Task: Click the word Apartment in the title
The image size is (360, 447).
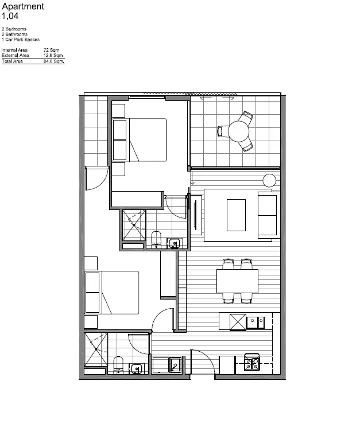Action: (x=23, y=6)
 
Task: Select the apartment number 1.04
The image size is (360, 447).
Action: (x=10, y=16)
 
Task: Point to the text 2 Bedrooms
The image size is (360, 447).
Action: (x=14, y=29)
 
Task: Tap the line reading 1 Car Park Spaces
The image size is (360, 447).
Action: (x=21, y=40)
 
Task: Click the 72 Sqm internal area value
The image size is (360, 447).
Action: (x=51, y=50)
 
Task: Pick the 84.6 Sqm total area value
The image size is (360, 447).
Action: (x=54, y=61)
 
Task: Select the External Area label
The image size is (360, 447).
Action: (x=15, y=56)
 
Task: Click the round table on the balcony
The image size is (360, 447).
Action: (x=238, y=131)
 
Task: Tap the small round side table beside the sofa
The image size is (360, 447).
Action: (x=270, y=180)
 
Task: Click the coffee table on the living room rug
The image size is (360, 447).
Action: (x=236, y=215)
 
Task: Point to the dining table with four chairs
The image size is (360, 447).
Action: (x=237, y=281)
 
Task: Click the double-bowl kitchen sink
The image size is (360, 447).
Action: (x=256, y=322)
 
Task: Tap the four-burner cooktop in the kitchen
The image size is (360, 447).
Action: (x=252, y=363)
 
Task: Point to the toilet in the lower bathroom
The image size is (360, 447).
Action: (x=119, y=365)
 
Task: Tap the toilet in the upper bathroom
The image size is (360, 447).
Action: (x=157, y=239)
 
